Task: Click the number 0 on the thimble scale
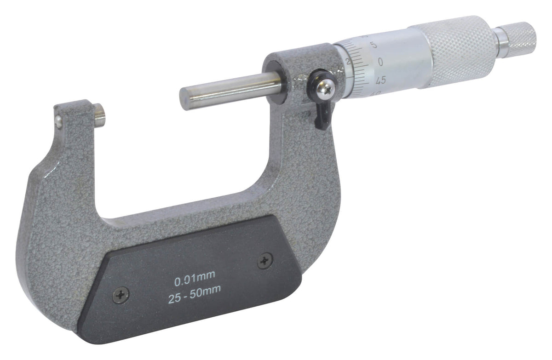coord(380,61)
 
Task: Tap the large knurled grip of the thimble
coord(460,51)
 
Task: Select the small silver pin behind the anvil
coord(57,120)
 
